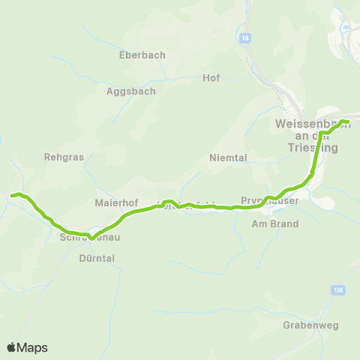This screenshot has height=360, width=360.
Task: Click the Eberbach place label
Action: (x=142, y=55)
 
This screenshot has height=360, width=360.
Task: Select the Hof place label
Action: (x=211, y=77)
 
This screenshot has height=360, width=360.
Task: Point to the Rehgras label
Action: (x=64, y=157)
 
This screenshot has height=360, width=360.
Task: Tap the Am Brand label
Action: (x=274, y=223)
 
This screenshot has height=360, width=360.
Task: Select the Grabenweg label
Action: (x=307, y=325)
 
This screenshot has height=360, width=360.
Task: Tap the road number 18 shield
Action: (x=246, y=37)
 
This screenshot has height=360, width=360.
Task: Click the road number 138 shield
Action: (x=337, y=289)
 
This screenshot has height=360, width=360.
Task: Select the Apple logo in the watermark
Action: (x=11, y=347)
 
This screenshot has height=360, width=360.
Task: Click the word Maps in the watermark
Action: (x=32, y=347)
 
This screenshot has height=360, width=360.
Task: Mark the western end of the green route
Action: (x=11, y=196)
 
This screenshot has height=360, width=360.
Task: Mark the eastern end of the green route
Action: (x=348, y=121)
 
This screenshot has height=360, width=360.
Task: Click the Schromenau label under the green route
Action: (x=89, y=238)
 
